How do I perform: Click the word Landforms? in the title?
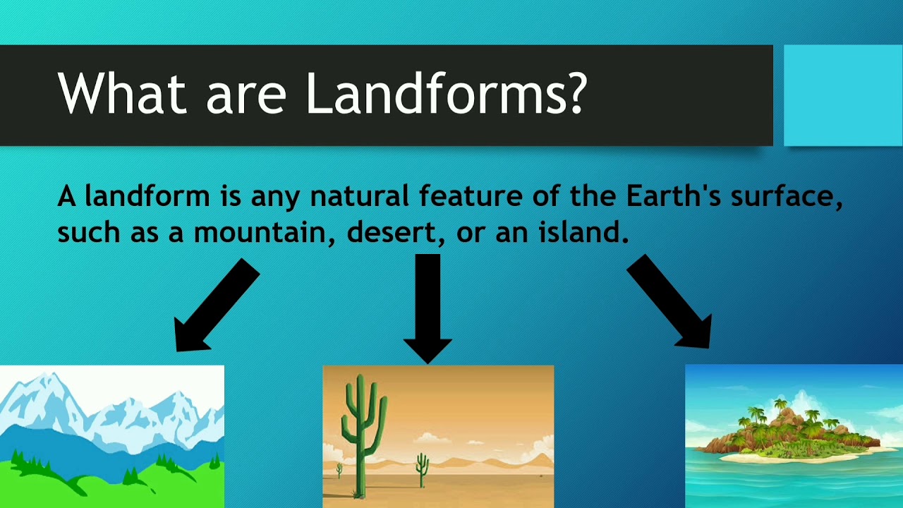[x=445, y=93]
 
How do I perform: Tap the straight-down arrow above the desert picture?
[x=428, y=308]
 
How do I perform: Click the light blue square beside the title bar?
[x=842, y=95]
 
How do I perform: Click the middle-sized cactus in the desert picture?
[x=422, y=469]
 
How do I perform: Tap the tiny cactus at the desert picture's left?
[x=339, y=470]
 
